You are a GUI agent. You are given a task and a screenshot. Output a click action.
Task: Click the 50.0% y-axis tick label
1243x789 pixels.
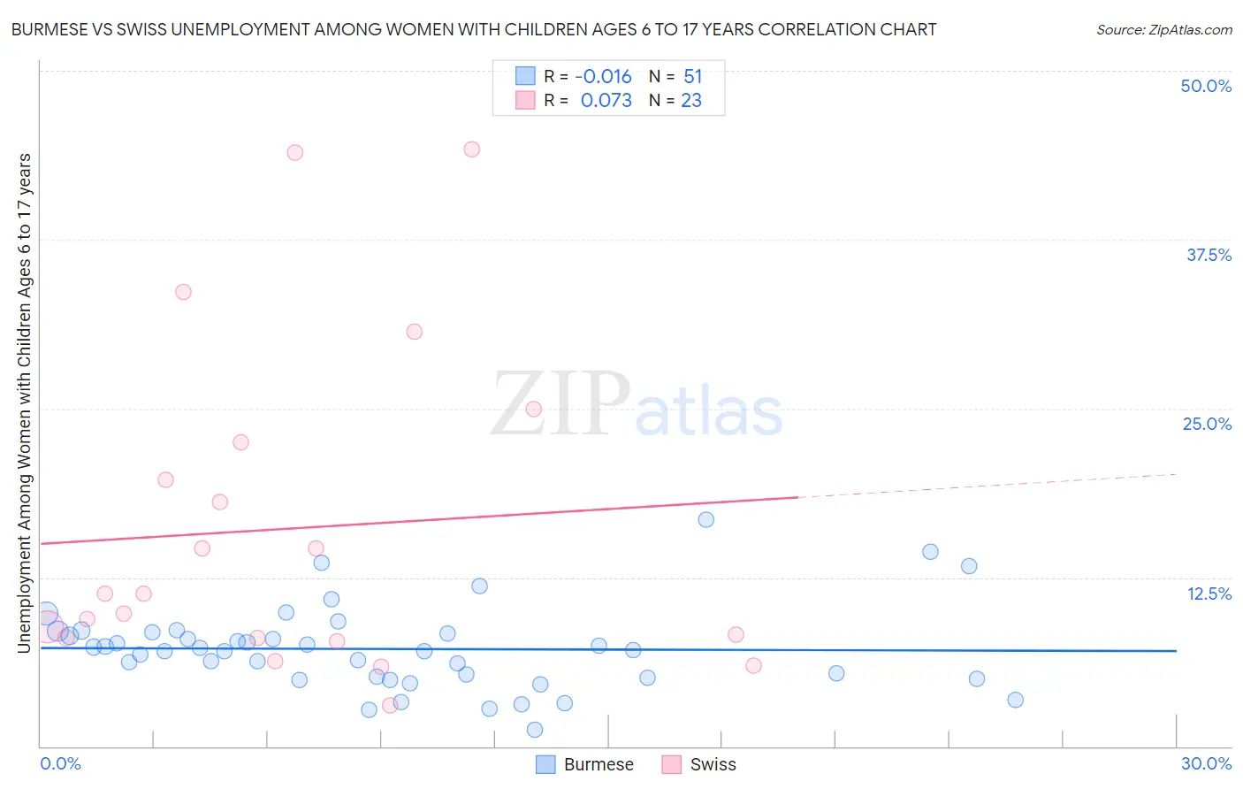click(x=1206, y=86)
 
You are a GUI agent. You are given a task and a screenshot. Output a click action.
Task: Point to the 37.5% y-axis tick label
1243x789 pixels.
click(x=1209, y=255)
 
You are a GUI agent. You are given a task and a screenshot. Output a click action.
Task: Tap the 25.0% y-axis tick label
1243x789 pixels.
click(x=1207, y=424)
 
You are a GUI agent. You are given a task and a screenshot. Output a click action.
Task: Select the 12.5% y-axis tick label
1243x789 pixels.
click(x=1209, y=594)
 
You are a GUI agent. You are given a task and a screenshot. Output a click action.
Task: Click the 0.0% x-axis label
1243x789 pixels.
click(x=60, y=763)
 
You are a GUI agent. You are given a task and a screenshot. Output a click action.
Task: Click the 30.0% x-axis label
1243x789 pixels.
click(x=1206, y=763)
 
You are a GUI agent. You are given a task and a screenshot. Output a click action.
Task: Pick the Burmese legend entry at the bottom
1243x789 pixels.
click(x=585, y=764)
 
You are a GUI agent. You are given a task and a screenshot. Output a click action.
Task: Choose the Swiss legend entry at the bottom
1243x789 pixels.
click(x=699, y=764)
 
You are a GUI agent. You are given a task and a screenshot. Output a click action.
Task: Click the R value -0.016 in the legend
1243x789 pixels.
click(x=603, y=77)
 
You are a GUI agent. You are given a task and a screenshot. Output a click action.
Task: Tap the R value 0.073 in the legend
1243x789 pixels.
click(x=606, y=101)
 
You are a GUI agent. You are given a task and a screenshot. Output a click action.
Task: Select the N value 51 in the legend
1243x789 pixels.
click(x=692, y=77)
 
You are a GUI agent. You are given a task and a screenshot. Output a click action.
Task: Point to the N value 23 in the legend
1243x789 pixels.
click(x=691, y=101)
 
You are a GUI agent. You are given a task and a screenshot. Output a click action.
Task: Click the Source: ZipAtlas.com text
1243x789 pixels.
click(x=1163, y=30)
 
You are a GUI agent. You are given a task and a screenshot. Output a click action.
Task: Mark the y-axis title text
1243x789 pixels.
click(x=25, y=403)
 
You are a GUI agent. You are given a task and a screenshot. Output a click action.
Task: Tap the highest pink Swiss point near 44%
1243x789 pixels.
click(x=472, y=149)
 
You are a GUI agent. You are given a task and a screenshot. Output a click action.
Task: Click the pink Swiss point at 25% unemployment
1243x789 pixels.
click(x=533, y=409)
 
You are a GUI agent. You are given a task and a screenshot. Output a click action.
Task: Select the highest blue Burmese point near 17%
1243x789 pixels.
click(x=705, y=519)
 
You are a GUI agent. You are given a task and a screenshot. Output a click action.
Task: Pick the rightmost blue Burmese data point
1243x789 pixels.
click(x=1015, y=700)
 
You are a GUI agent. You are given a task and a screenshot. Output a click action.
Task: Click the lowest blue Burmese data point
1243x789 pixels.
click(x=535, y=730)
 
